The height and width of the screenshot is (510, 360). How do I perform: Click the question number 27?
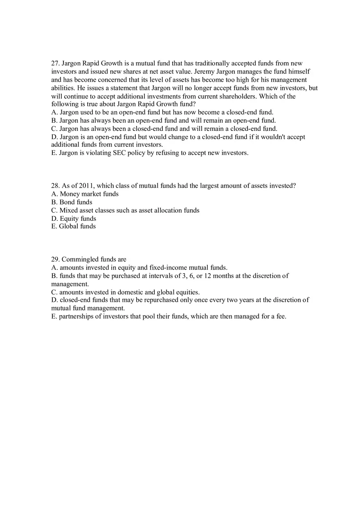[55, 63]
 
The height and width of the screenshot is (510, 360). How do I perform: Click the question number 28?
[55, 186]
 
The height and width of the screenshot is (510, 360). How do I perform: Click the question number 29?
[55, 259]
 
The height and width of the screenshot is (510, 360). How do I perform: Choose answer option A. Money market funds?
[85, 194]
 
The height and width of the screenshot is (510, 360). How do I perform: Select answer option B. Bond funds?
[72, 202]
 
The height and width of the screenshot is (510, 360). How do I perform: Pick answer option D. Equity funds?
[74, 218]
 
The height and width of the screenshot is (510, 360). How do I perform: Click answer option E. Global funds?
[73, 226]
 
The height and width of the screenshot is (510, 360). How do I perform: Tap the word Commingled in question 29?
[80, 259]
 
